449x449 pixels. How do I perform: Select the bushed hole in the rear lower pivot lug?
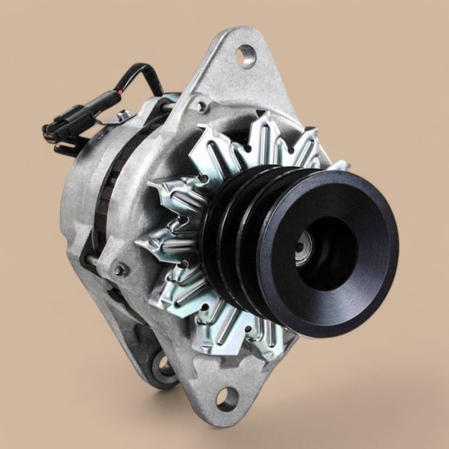pos(164,366)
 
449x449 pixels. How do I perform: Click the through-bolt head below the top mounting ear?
pos(201,106)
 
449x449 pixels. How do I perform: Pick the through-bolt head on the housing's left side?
pos(119,271)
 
